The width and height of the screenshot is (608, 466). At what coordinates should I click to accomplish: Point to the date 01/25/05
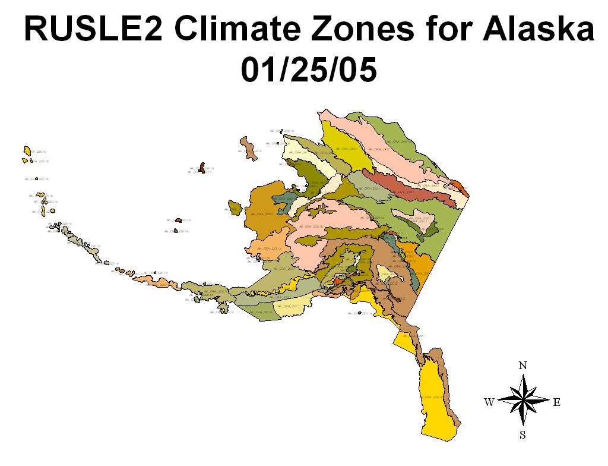point(308,71)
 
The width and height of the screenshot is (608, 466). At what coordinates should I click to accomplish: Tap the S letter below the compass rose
point(522,434)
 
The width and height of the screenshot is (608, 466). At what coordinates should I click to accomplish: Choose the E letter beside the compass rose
point(557,402)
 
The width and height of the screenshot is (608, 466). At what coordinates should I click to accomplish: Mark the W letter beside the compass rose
point(489,402)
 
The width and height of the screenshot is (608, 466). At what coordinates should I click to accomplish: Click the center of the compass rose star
point(522,401)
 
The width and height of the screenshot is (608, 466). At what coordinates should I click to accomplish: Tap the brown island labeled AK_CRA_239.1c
point(249,148)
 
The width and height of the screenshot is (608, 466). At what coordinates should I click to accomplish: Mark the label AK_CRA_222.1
point(414,336)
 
